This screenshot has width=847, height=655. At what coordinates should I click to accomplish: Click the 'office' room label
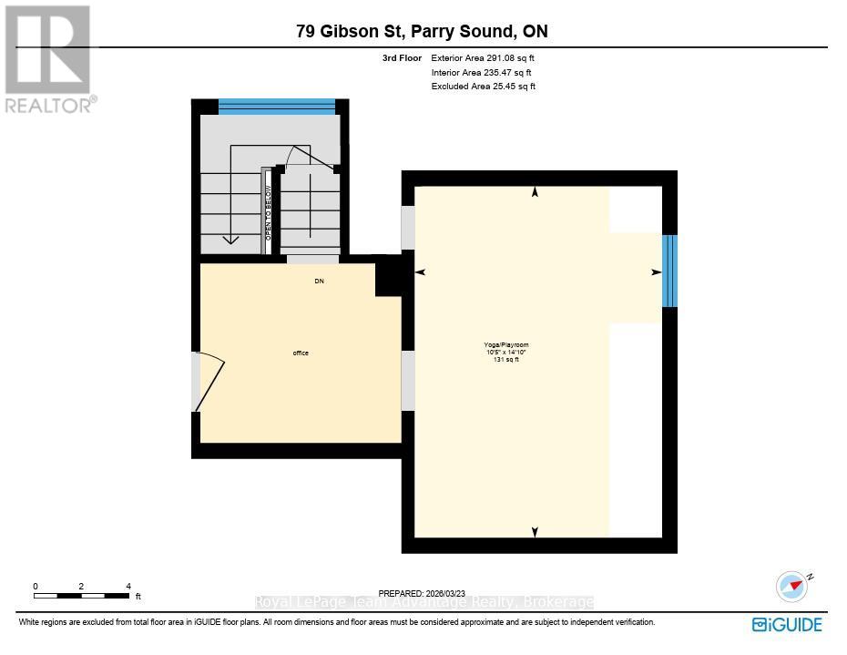[301, 353]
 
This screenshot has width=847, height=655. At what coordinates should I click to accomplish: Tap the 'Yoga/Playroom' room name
[506, 345]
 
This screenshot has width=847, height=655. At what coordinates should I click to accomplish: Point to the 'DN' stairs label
[319, 281]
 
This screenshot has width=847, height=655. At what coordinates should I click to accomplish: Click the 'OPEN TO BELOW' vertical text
[269, 211]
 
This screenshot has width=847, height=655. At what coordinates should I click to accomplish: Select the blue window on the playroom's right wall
[669, 271]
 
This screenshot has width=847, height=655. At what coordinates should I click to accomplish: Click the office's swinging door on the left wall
[207, 382]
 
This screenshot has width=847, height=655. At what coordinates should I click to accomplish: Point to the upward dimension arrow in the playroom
[535, 191]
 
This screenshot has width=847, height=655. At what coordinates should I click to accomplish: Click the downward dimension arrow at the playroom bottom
[535, 532]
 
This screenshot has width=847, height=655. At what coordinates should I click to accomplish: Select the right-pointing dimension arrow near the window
[656, 271]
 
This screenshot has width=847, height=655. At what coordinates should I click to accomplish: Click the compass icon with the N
[791, 585]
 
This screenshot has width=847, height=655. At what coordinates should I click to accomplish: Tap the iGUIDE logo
[787, 624]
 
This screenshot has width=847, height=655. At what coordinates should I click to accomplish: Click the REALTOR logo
[47, 58]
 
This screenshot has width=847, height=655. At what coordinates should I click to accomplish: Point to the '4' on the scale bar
[128, 587]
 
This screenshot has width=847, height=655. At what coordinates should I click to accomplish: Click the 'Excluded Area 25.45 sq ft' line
[484, 87]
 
